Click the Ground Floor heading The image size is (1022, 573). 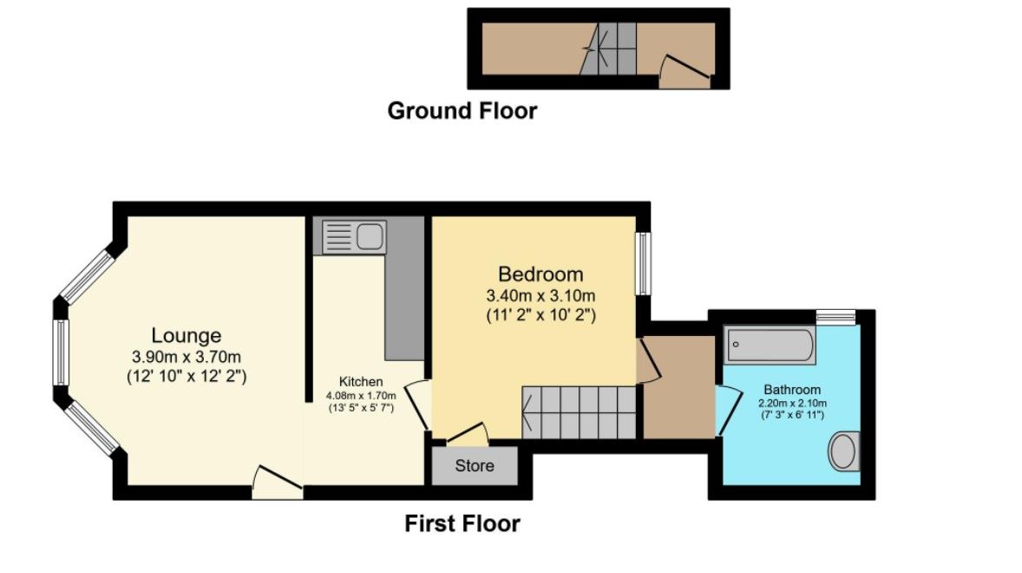pyautogui.click(x=462, y=111)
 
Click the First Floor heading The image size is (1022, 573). pyautogui.click(x=462, y=524)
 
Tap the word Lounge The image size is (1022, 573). pyautogui.click(x=187, y=335)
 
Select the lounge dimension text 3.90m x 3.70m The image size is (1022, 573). pyautogui.click(x=187, y=356)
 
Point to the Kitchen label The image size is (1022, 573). pyautogui.click(x=361, y=382)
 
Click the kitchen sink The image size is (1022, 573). pyautogui.click(x=354, y=236)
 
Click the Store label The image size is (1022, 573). pyautogui.click(x=475, y=466)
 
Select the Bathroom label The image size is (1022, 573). pyautogui.click(x=792, y=390)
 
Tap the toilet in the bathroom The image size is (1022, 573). pyautogui.click(x=842, y=451)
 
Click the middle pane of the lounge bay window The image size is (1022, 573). pyautogui.click(x=62, y=352)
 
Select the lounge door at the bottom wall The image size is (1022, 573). pyautogui.click(x=277, y=481)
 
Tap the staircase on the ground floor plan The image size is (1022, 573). pyautogui.click(x=607, y=49)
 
